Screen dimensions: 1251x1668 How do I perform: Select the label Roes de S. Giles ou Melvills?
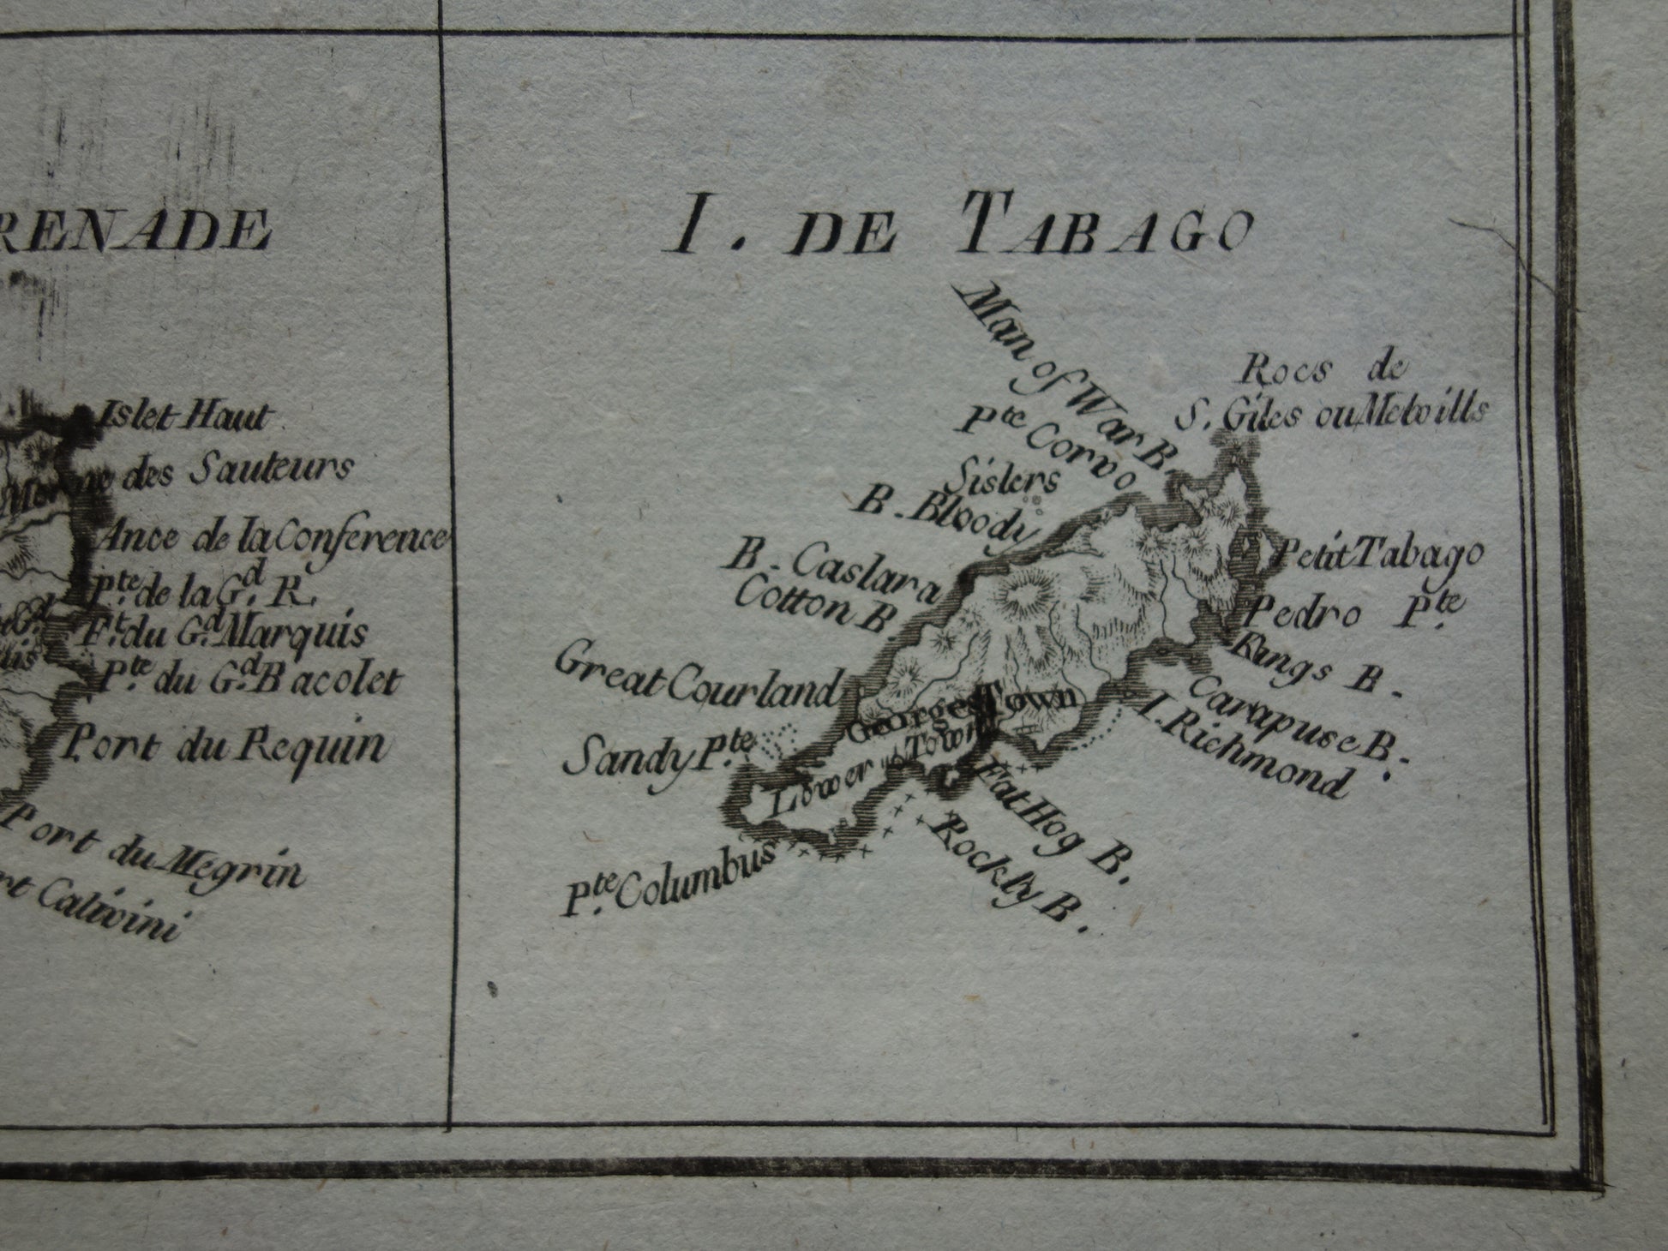1329,394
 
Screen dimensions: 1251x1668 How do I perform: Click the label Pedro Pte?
1350,612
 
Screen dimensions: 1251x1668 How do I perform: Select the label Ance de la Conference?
273,538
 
